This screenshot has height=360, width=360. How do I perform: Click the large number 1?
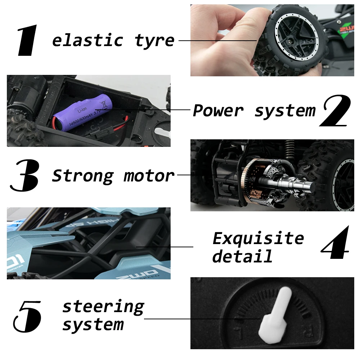point(27,40)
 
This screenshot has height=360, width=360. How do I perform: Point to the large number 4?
point(336,243)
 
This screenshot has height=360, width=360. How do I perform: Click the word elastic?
point(88,40)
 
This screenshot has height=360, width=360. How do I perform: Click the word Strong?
point(83,176)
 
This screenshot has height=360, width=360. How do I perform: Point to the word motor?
point(149,176)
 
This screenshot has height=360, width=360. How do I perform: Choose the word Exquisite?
point(258,238)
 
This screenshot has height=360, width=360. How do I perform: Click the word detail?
point(242,256)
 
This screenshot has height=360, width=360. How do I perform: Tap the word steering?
point(103,307)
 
